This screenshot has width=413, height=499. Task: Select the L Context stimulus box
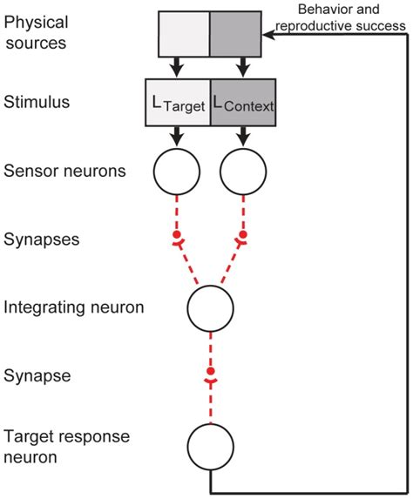click(242, 103)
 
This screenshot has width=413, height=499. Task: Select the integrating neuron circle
click(210, 307)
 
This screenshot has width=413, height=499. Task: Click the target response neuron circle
click(210, 443)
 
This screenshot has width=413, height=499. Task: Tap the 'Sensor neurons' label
click(64, 171)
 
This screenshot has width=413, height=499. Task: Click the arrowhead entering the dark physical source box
click(270, 35)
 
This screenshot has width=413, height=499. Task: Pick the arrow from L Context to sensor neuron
click(243, 135)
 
